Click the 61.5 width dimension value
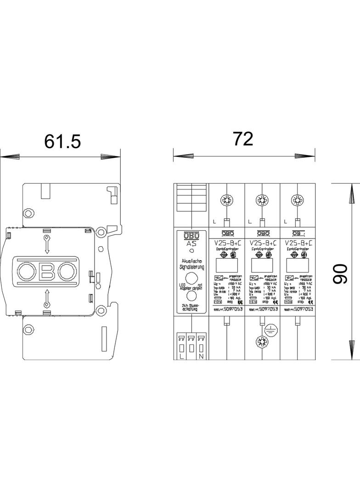[62, 141]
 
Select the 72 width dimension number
[243, 138]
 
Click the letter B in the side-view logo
[46, 271]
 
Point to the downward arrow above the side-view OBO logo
[46, 244]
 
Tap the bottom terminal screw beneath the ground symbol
[262, 341]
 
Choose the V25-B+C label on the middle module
[262, 243]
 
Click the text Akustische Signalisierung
[191, 263]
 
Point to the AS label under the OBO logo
[191, 244]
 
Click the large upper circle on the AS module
[191, 278]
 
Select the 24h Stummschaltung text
[191, 307]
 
